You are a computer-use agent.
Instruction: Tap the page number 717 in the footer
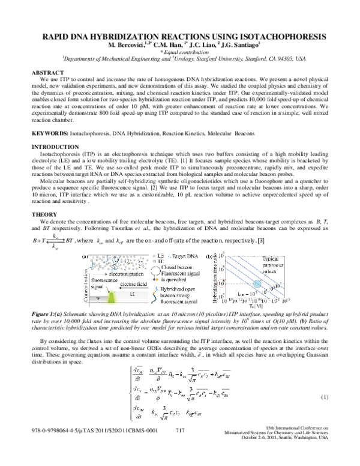click(x=180, y=447)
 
